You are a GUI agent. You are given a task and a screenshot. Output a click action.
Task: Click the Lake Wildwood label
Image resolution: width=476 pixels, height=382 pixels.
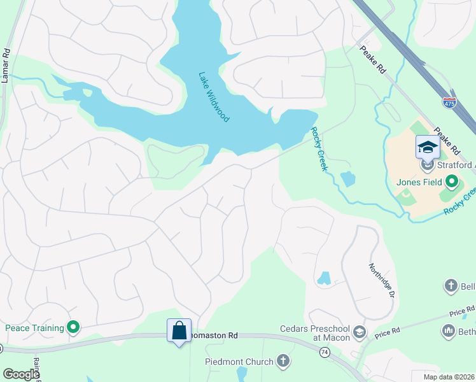pyautogui.click(x=213, y=96)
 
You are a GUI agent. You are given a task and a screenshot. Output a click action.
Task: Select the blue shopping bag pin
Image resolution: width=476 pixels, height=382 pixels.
pyautogui.click(x=179, y=331)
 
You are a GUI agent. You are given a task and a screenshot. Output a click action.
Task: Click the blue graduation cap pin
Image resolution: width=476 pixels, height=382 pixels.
pyautogui.click(x=428, y=147)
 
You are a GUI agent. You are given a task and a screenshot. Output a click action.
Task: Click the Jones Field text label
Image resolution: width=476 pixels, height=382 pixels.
pyautogui.click(x=420, y=182)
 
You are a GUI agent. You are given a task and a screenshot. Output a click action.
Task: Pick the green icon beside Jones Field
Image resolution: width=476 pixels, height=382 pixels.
pyautogui.click(x=452, y=182)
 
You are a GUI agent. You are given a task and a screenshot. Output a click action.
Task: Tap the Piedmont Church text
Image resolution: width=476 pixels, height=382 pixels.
pyautogui.click(x=239, y=362)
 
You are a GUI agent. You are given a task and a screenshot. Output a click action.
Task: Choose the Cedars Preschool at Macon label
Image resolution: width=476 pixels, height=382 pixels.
pyautogui.click(x=316, y=333)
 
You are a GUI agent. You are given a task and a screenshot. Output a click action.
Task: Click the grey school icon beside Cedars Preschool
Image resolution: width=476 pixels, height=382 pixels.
pyautogui.click(x=360, y=332)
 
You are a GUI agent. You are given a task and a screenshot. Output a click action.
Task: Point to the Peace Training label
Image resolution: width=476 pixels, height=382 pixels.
pyautogui.click(x=34, y=328)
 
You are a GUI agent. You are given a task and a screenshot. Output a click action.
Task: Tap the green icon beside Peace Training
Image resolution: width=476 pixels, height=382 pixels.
pyautogui.click(x=74, y=328)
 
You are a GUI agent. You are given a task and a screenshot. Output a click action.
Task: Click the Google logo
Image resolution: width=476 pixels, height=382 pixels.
pyautogui.click(x=21, y=374)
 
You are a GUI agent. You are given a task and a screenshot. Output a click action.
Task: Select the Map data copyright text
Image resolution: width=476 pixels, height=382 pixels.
pyautogui.click(x=449, y=377)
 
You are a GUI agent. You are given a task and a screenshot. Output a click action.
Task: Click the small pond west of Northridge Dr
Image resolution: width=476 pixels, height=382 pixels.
pyautogui.click(x=324, y=278)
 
